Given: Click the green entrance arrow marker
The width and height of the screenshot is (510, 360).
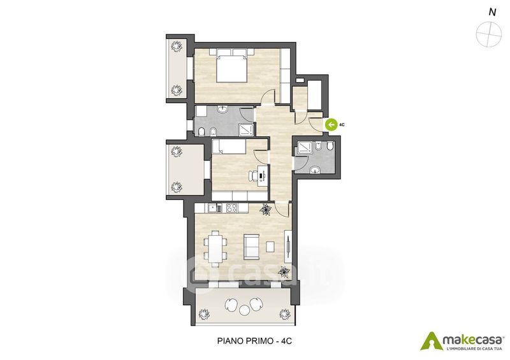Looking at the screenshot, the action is (331, 124).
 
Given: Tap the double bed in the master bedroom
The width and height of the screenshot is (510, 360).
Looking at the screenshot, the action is (231, 66).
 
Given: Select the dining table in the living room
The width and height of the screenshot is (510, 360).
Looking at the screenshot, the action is (215, 248).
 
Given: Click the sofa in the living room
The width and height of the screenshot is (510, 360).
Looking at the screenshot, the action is (251, 247).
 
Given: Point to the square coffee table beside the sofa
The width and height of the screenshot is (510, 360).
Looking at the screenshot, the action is (270, 247).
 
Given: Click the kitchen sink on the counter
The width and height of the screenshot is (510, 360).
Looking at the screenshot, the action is (213, 208).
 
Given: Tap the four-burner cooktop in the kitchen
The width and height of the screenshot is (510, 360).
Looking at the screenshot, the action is (232, 208).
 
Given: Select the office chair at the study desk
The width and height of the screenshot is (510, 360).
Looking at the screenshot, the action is (253, 176).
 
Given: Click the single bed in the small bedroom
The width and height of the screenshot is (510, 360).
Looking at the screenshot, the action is (228, 147).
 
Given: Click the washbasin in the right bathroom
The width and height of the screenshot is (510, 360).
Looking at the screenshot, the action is (315, 169).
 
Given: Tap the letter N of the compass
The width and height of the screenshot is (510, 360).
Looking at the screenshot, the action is (492, 12).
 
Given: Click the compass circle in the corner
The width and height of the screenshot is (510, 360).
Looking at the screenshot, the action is (488, 34).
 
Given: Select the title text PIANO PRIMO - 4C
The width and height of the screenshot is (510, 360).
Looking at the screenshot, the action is (254, 341).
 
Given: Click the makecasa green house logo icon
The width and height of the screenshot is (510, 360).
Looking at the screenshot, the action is (432, 340).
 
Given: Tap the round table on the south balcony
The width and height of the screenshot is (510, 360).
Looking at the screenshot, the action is (244, 310).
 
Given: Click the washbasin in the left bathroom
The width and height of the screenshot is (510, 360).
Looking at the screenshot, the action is (222, 110).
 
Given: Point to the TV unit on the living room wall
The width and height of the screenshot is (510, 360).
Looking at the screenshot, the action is (288, 245).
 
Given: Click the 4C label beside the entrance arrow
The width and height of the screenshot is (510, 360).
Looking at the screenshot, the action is (342, 124).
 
